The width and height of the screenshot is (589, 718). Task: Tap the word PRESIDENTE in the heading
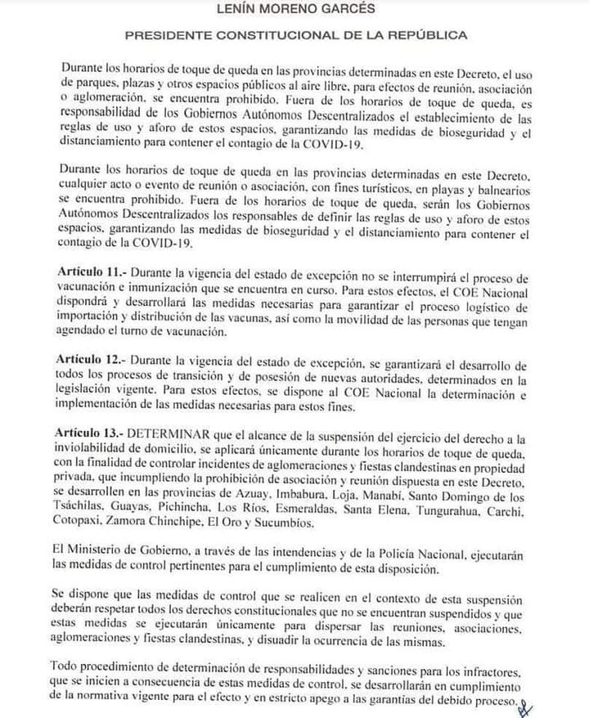161,36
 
